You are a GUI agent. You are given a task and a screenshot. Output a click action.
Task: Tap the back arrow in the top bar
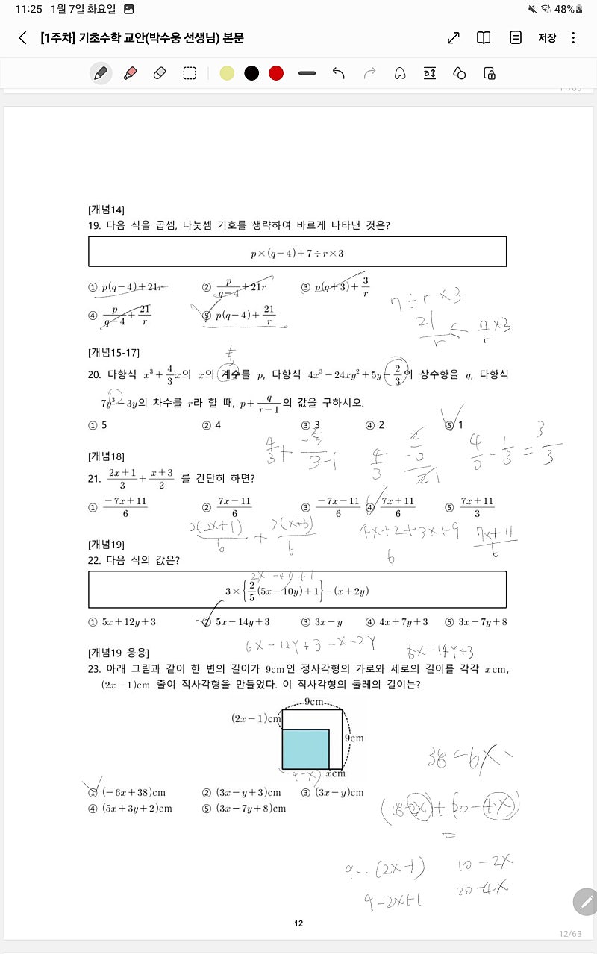click(23, 38)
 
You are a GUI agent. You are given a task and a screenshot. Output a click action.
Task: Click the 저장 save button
click(547, 38)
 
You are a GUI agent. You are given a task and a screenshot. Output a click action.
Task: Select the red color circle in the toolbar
click(276, 73)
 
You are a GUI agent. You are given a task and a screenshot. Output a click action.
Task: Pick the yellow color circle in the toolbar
click(228, 73)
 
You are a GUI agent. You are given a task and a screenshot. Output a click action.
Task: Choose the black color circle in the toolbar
click(251, 73)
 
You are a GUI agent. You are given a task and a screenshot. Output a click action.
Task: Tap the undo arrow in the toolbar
click(339, 73)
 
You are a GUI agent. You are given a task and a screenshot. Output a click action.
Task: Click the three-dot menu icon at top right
click(573, 38)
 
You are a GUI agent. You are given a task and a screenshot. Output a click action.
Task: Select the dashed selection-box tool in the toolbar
click(190, 73)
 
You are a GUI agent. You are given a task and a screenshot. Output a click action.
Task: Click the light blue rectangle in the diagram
click(305, 749)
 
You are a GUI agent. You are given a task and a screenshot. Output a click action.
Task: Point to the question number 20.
click(95, 374)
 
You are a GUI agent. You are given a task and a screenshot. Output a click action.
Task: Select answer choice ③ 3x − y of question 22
click(322, 622)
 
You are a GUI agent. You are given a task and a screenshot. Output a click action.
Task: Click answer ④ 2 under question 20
click(375, 425)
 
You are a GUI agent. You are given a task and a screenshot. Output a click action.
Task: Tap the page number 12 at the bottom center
click(298, 923)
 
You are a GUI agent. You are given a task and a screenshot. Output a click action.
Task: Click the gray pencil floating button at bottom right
click(585, 902)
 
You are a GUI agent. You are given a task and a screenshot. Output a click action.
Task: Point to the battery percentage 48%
click(565, 9)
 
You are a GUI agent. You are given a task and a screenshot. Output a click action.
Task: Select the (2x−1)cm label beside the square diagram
click(256, 718)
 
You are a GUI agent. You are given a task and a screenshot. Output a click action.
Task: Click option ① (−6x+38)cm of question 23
click(127, 792)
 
